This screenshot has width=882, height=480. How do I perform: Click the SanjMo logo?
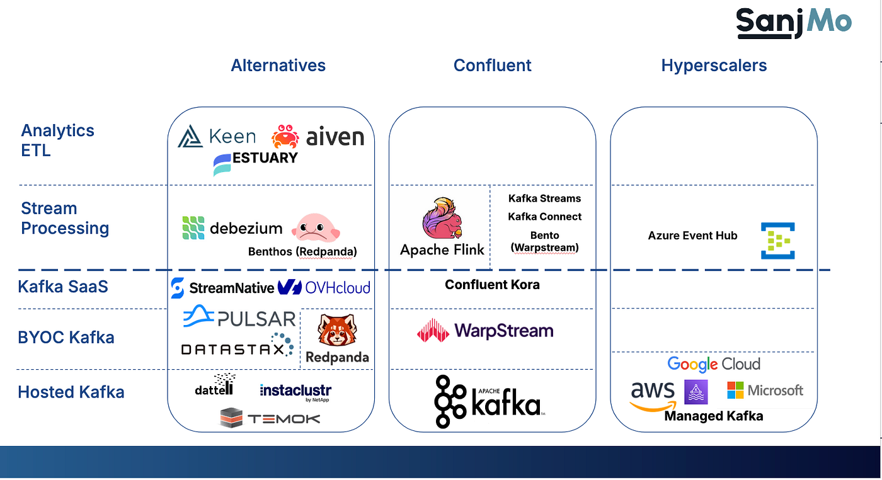(794, 23)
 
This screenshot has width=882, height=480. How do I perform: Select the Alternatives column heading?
(278, 66)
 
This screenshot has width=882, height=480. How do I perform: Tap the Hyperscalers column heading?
(714, 66)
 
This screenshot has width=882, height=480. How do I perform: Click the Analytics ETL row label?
(57, 140)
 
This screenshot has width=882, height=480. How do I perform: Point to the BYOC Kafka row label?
(66, 338)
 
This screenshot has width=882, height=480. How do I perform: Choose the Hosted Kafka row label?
(71, 392)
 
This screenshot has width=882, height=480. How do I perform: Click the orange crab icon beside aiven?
(285, 137)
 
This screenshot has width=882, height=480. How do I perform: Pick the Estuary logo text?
(265, 158)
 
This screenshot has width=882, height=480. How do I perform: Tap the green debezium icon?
(193, 228)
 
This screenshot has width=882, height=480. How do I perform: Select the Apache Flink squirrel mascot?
(442, 219)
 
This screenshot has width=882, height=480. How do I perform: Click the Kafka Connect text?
(544, 217)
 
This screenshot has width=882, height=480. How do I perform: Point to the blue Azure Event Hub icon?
(777, 240)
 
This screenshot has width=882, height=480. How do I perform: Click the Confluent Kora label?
(492, 285)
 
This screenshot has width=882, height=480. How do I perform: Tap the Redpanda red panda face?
(336, 330)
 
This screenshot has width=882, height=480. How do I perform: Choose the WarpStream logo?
(485, 331)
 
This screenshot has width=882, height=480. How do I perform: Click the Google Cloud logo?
(713, 364)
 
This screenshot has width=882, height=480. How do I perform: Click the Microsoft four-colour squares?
(735, 391)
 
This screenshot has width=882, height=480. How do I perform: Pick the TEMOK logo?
(270, 418)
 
